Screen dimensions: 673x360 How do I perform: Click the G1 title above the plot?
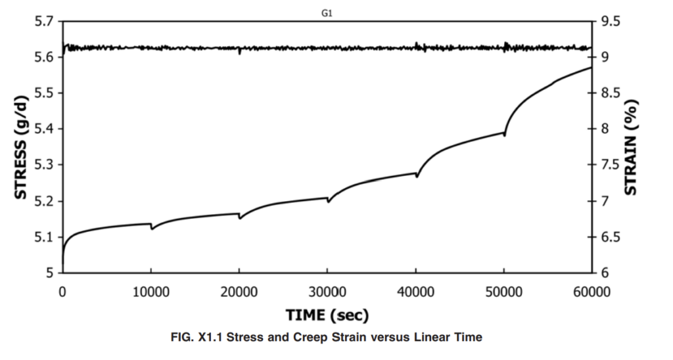[x=327, y=13]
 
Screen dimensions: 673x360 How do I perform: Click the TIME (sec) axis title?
[x=327, y=315]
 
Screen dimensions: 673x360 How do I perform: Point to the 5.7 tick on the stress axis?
[x=45, y=21]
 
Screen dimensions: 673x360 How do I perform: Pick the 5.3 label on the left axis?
[x=45, y=165]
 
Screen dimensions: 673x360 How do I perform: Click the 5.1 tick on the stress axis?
[x=45, y=237]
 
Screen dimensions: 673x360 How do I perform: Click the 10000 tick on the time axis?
[x=151, y=292]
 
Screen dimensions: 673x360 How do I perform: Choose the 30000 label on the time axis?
[x=327, y=292]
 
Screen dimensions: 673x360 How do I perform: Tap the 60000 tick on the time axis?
[x=591, y=292]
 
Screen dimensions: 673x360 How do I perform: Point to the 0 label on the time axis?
[x=62, y=292]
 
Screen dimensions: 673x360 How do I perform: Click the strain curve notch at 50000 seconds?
[x=505, y=135]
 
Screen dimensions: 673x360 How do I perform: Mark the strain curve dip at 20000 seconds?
[x=240, y=217]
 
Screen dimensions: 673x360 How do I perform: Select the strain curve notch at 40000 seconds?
[x=417, y=175]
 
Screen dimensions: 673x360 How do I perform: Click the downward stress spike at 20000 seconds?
[x=239, y=53]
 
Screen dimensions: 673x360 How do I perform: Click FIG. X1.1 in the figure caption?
[x=197, y=337]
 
